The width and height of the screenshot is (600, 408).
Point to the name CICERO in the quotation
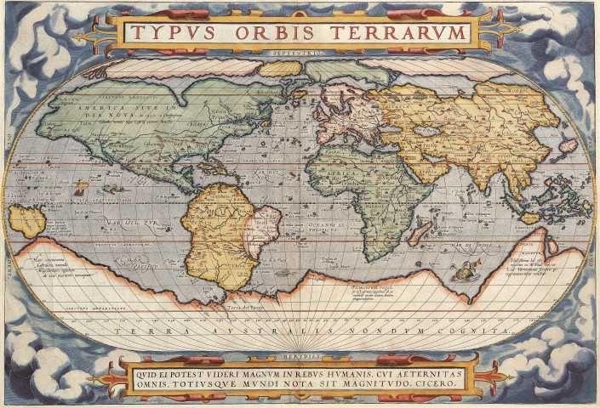tap(436, 384)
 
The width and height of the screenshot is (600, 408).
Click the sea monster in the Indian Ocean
tap(464, 271)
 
